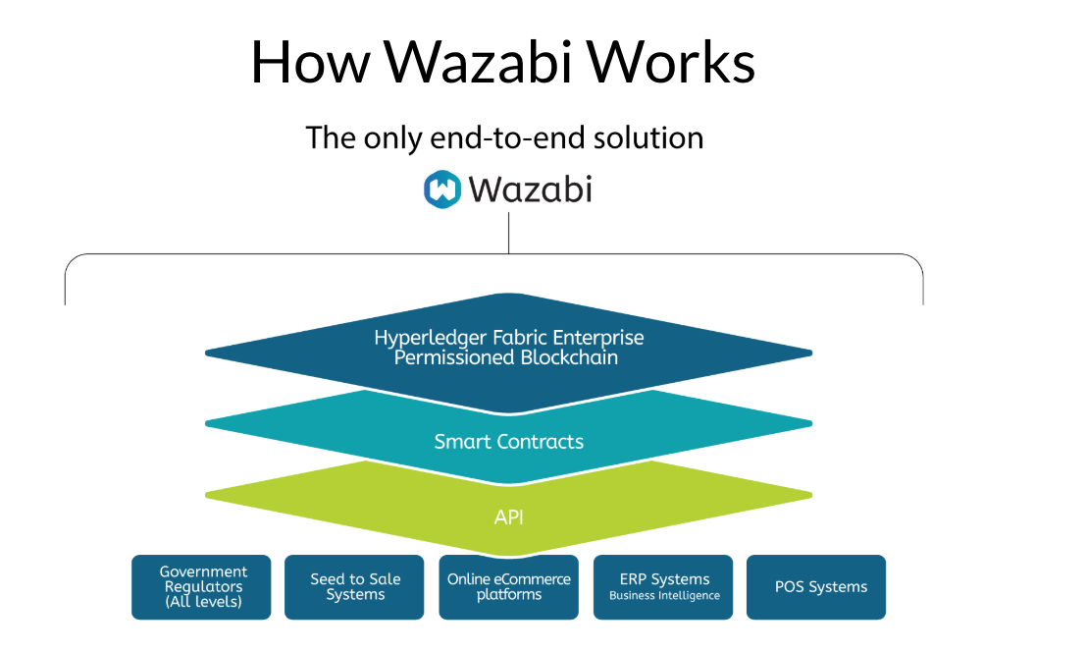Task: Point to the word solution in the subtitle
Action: point(648,137)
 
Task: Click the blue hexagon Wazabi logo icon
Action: point(442,189)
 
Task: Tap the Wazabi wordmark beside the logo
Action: point(530,189)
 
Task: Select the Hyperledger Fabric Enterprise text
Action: point(508,338)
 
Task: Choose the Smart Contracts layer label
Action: point(508,442)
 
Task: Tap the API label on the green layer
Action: point(508,516)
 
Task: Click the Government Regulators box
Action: point(201,587)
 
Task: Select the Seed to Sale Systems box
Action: point(354,587)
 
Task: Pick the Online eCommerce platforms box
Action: point(508,587)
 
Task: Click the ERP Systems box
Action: point(663,587)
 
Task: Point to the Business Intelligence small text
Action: point(664,596)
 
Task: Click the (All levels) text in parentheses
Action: point(203,602)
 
